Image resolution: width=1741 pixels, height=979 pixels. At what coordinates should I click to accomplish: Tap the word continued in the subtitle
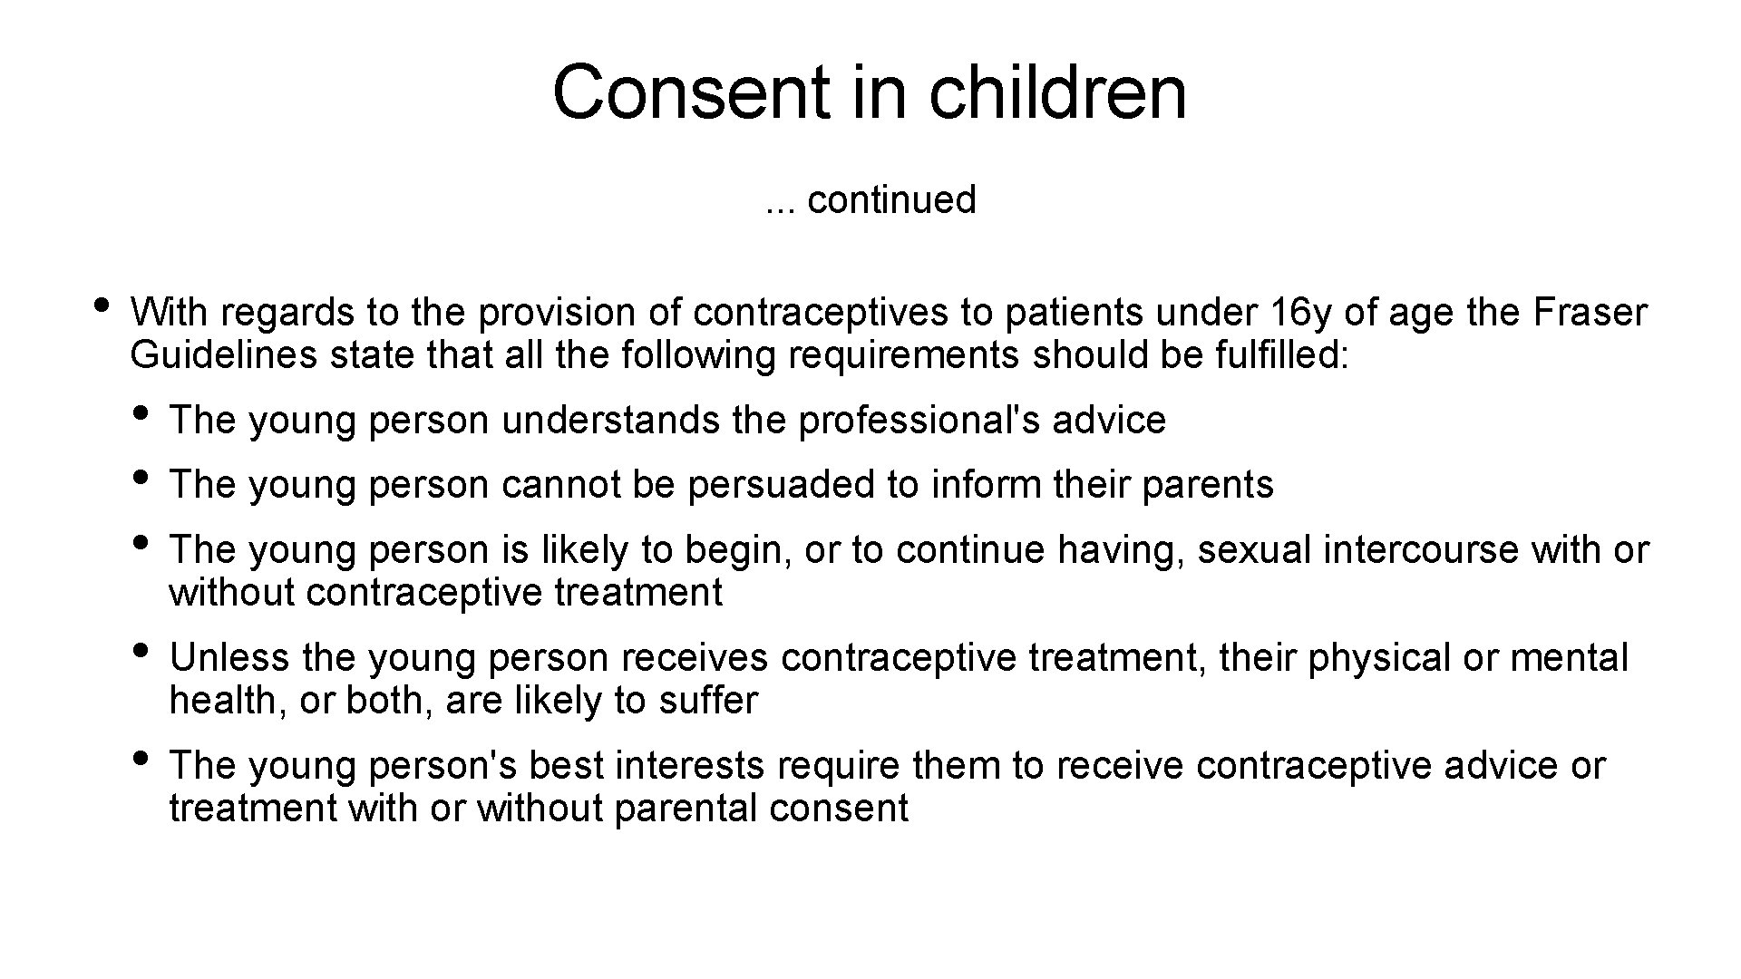[x=891, y=200]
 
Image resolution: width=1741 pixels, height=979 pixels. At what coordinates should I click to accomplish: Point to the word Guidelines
[x=223, y=355]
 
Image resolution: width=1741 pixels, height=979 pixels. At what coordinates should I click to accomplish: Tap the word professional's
[x=919, y=421]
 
